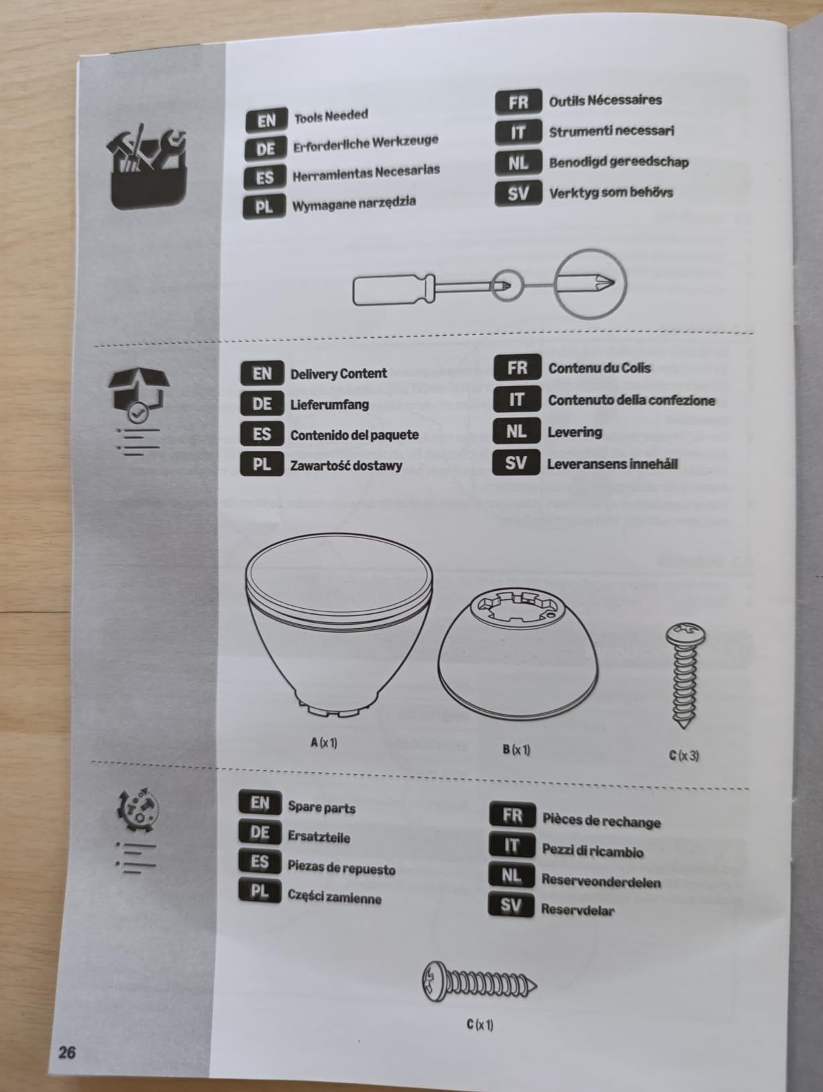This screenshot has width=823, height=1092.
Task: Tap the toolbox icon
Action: coord(147,166)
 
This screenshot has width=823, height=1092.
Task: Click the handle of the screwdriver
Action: coord(392,290)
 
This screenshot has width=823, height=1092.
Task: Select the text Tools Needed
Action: coord(331,117)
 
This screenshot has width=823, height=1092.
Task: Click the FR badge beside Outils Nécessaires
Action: coord(518,102)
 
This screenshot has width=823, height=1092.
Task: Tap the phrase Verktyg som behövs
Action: coord(610,192)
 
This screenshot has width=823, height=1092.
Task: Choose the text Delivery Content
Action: coord(338,373)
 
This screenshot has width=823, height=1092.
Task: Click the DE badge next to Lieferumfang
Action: coord(262,404)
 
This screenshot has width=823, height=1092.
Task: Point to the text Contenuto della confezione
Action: coord(631,400)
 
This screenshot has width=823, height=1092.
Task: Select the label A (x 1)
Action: coord(324,743)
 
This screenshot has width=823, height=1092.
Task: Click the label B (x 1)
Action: coord(516,749)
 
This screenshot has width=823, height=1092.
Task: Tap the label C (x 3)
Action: coord(684,755)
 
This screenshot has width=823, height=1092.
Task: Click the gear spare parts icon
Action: coord(138,810)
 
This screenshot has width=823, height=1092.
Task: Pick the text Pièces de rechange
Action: coord(602,821)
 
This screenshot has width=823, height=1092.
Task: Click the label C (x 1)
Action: coord(480,1024)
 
